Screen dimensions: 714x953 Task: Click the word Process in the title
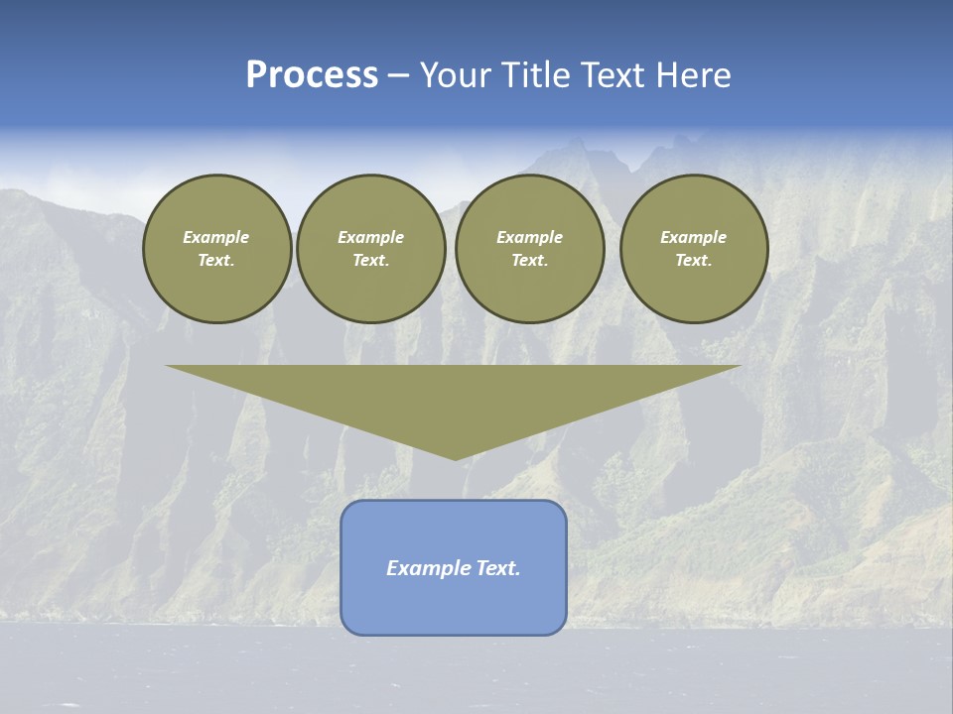coord(312,75)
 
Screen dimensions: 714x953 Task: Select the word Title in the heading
coord(535,75)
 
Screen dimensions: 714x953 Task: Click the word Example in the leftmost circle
coord(216,237)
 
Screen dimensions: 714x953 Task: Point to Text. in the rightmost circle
coord(694,261)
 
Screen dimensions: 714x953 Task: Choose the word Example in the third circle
coord(529,237)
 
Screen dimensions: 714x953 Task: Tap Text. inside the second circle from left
coord(370,261)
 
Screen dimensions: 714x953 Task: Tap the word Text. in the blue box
coord(497,568)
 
